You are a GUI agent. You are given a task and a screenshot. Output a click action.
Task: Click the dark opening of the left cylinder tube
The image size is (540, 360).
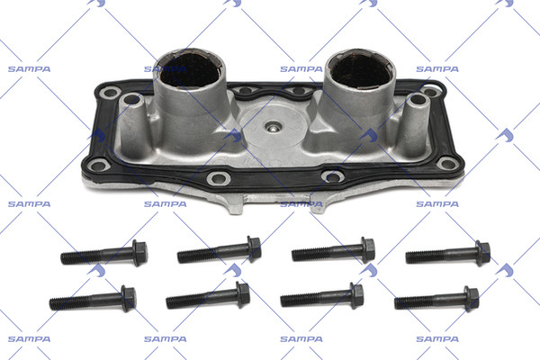point(189,70)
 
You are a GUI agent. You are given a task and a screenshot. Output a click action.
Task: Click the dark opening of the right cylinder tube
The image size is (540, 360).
point(360,71)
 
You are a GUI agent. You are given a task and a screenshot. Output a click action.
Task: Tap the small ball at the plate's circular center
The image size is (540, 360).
point(273,128)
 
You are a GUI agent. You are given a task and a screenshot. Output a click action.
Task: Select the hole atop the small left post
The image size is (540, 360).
point(132,99)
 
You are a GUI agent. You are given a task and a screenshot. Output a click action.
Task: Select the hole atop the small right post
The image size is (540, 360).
point(418,99)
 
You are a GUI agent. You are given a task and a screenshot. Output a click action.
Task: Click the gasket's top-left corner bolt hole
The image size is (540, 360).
point(111,93)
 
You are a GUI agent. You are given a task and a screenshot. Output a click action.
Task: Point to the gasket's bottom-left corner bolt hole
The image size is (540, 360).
point(98,166)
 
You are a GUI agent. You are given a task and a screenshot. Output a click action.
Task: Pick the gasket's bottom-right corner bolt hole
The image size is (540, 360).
point(446,163)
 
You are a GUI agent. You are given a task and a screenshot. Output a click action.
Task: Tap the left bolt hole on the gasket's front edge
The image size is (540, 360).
point(219,178)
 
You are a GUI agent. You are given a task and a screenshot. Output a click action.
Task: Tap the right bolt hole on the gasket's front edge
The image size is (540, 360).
point(333,177)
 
